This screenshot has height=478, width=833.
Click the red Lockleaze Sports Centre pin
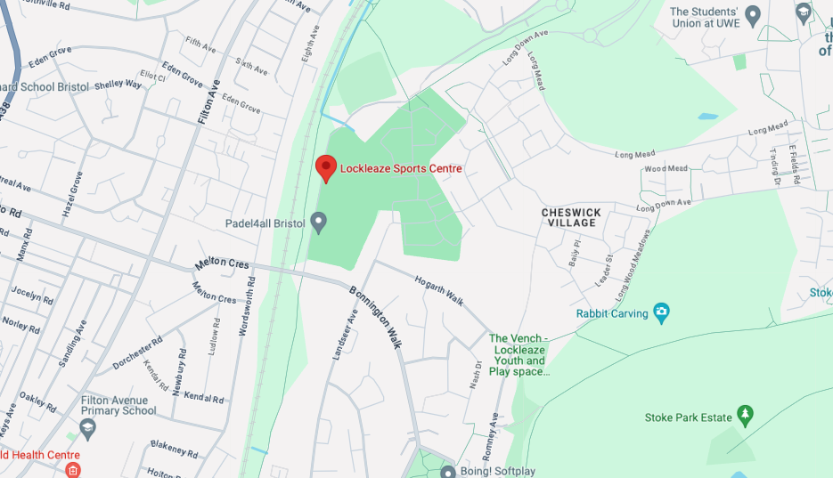click(x=326, y=167)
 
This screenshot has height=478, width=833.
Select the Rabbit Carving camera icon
click(x=661, y=312)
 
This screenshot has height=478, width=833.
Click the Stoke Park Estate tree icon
click(x=746, y=416)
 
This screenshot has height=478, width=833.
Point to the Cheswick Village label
click(x=571, y=217)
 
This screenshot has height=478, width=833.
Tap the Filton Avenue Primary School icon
click(x=87, y=429)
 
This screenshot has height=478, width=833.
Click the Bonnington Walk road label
click(x=375, y=316)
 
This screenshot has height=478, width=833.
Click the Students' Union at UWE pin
click(x=753, y=15)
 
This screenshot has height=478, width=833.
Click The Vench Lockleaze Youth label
click(x=518, y=354)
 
